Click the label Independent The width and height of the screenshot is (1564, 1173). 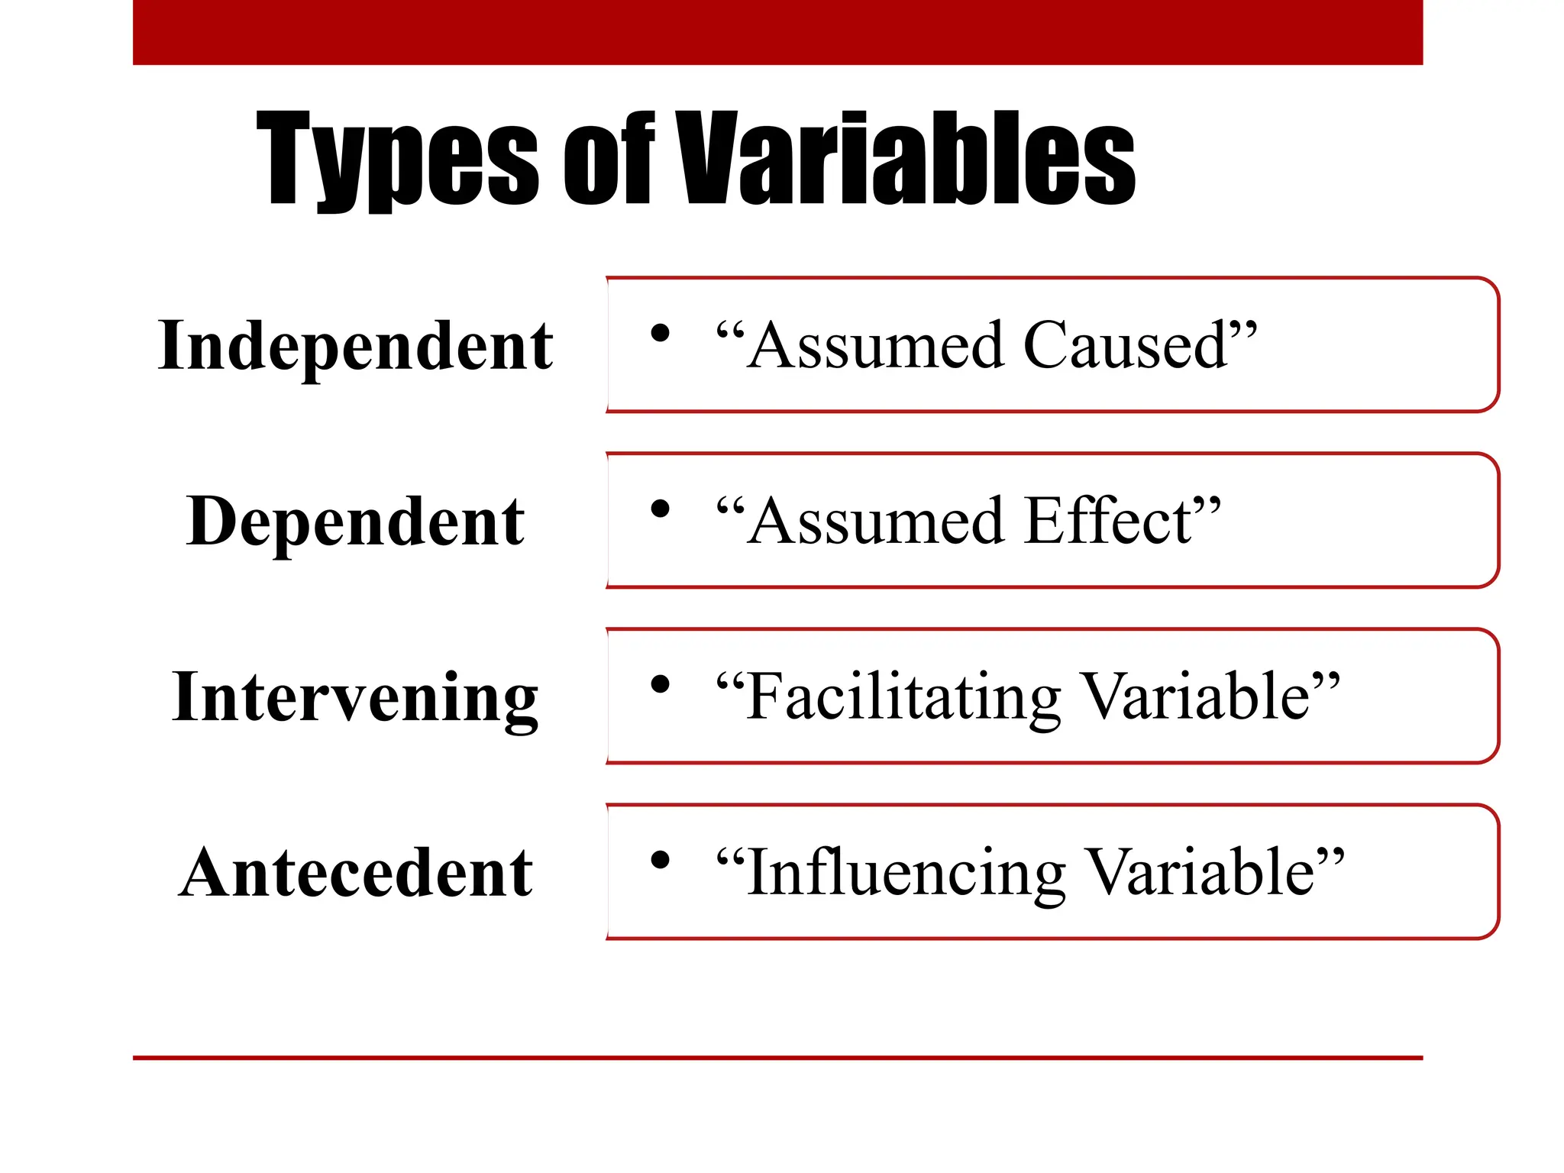point(355,346)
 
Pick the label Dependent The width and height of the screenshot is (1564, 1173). point(355,522)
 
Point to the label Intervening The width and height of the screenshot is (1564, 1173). point(355,697)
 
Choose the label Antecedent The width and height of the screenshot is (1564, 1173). point(355,873)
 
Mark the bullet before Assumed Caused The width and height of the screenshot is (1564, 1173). point(660,333)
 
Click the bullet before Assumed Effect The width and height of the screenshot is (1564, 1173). point(660,509)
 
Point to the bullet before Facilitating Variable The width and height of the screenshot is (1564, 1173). point(660,684)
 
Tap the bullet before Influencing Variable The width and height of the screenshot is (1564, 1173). point(660,860)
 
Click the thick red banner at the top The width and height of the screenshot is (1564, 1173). point(777,32)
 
